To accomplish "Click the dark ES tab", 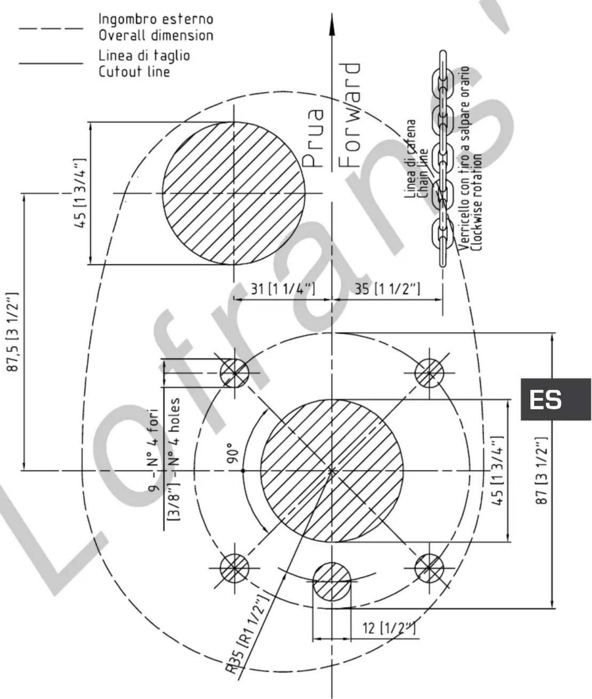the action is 556,399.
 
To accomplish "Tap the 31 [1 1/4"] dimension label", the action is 283,289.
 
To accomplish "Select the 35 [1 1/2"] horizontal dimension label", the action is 387,289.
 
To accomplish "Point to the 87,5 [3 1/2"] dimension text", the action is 13,332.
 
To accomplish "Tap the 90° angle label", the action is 231,453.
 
